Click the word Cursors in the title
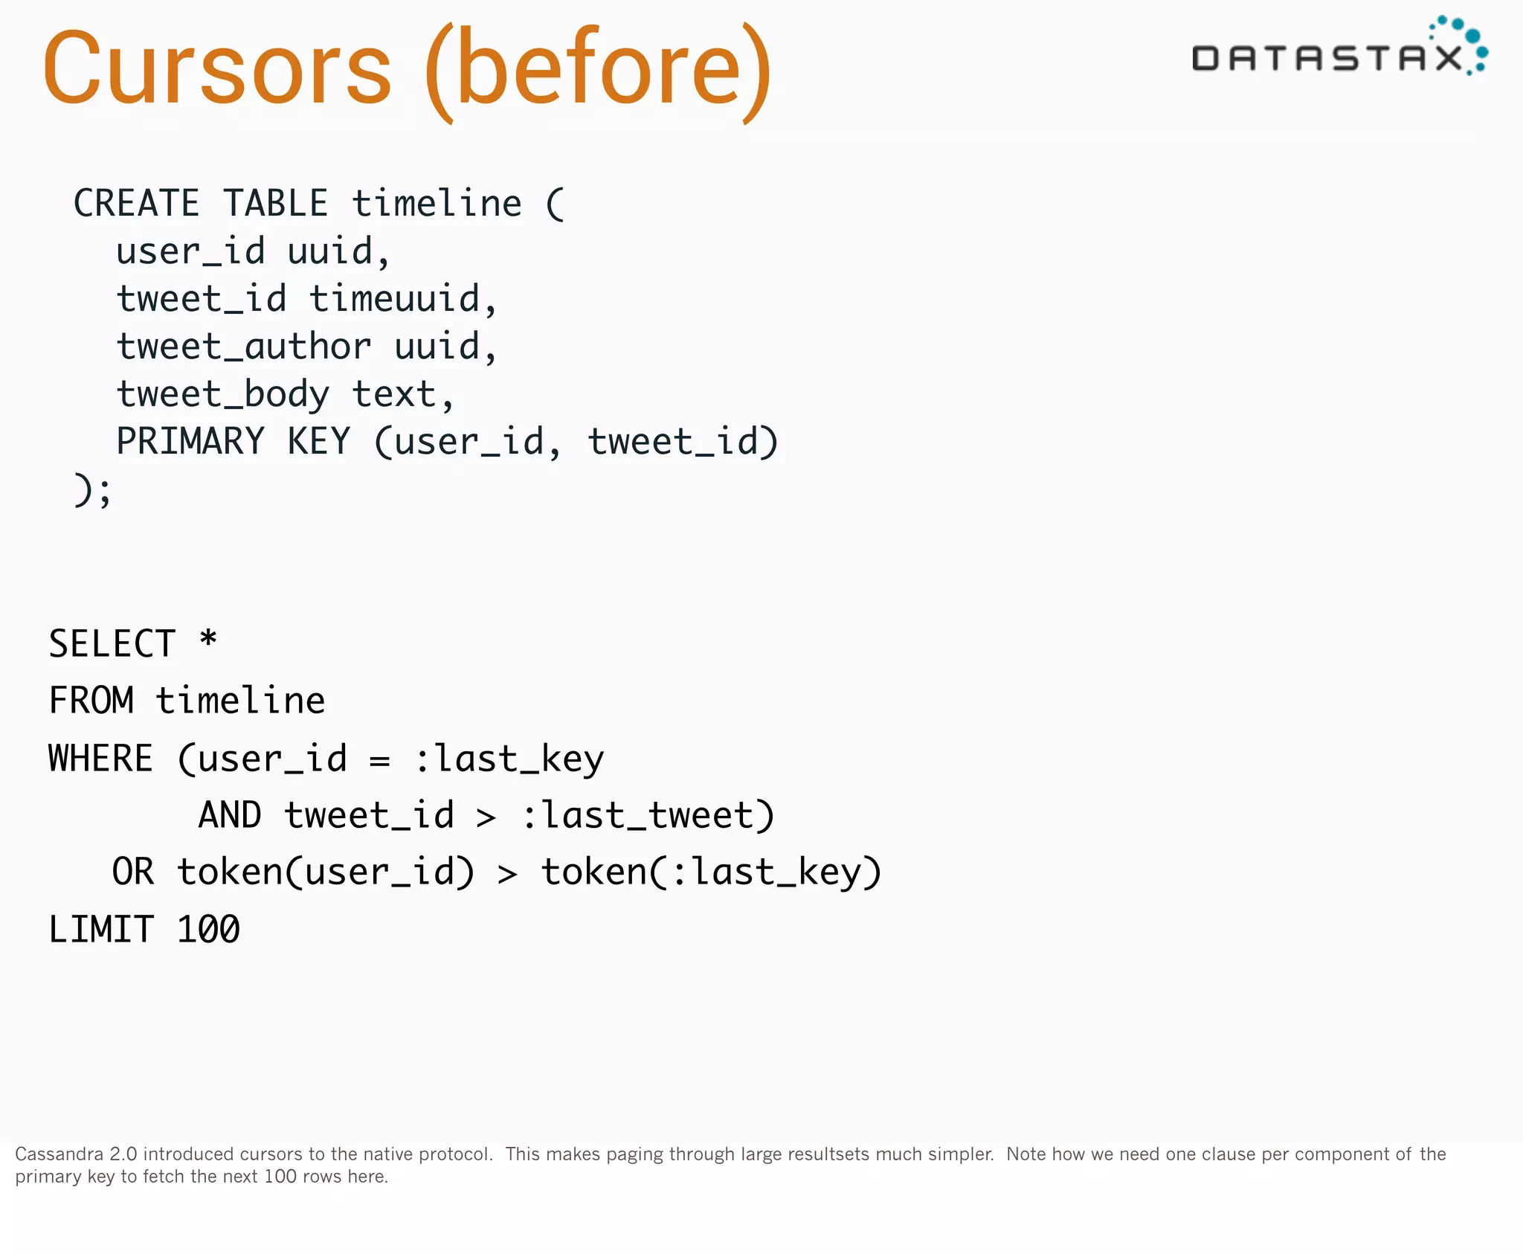[x=217, y=68]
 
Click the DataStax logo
[x=1339, y=49]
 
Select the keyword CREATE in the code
[x=136, y=204]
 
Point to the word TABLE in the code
[x=275, y=204]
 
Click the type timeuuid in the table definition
[x=395, y=299]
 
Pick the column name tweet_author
[x=244, y=347]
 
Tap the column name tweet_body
[x=222, y=394]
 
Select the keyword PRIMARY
[x=190, y=442]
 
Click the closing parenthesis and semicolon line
[x=92, y=491]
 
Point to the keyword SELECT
[x=112, y=644]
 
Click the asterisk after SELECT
[x=208, y=640]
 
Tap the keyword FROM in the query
[x=91, y=701]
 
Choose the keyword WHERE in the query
[x=100, y=759]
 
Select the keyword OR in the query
[x=133, y=872]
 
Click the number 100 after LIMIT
[x=208, y=930]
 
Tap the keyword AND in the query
[x=230, y=815]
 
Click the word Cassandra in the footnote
[x=59, y=1154]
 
